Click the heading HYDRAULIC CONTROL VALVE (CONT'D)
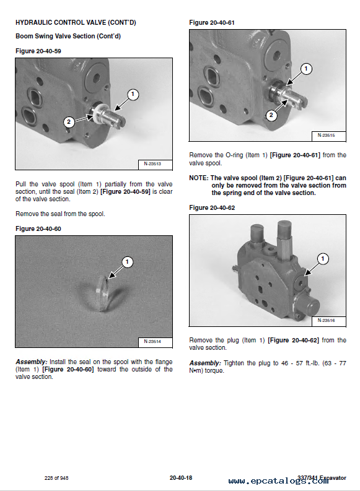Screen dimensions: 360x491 (x=76, y=22)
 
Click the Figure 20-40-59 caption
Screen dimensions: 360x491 (x=38, y=51)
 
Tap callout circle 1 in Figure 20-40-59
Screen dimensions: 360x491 (x=133, y=94)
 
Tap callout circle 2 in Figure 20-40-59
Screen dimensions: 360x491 (x=69, y=121)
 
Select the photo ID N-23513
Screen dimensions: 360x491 (x=152, y=163)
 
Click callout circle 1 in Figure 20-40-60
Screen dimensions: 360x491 (x=127, y=262)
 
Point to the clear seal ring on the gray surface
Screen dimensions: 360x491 (x=103, y=292)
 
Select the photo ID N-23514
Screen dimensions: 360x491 (x=152, y=341)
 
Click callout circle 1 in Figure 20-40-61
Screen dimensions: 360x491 (x=306, y=69)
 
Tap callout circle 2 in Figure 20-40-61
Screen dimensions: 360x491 (x=271, y=115)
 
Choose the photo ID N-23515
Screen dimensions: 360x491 (x=326, y=135)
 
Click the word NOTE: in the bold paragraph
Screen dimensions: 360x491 (x=199, y=178)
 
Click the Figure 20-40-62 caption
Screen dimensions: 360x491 (x=212, y=207)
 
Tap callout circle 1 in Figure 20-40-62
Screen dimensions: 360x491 (x=323, y=259)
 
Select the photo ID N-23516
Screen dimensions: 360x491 (x=326, y=320)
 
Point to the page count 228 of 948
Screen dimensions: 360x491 (x=56, y=478)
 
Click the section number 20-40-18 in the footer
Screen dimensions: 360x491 (x=181, y=478)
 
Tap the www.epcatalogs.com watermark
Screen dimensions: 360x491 (x=279, y=481)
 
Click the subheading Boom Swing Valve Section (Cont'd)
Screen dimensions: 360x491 (x=68, y=36)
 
